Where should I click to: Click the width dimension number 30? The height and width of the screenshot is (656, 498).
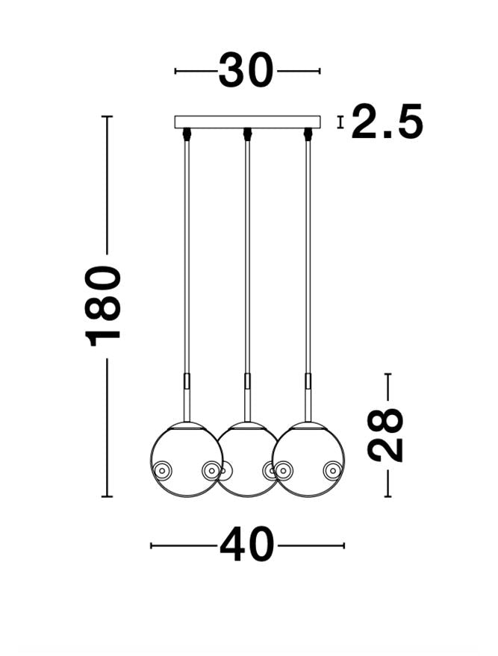(246, 71)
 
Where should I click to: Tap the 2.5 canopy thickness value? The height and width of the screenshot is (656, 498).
(387, 122)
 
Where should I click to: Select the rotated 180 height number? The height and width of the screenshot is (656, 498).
(105, 305)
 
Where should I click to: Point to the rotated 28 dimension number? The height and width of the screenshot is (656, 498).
(387, 434)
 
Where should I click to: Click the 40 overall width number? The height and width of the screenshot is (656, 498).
(247, 546)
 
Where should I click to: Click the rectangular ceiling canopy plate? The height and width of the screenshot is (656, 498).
(247, 122)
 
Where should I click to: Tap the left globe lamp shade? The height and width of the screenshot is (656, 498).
(186, 459)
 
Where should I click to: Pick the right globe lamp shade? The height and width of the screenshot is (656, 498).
(308, 459)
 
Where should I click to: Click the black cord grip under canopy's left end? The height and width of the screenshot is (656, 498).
(187, 134)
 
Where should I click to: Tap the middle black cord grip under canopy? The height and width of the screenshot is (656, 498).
(247, 134)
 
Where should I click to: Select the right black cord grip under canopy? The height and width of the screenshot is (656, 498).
(308, 134)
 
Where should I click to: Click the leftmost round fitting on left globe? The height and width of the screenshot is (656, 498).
(162, 470)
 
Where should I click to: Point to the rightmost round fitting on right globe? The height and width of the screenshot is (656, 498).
(332, 470)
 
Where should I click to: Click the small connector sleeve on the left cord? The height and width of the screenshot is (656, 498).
(187, 381)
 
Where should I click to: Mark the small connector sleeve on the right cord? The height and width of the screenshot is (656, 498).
(308, 381)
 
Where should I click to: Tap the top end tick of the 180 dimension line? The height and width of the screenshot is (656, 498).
(107, 117)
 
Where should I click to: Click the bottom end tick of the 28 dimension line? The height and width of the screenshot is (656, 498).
(387, 496)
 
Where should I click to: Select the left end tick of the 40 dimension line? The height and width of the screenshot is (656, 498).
(152, 546)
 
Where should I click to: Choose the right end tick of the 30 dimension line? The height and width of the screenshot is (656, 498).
(320, 71)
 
